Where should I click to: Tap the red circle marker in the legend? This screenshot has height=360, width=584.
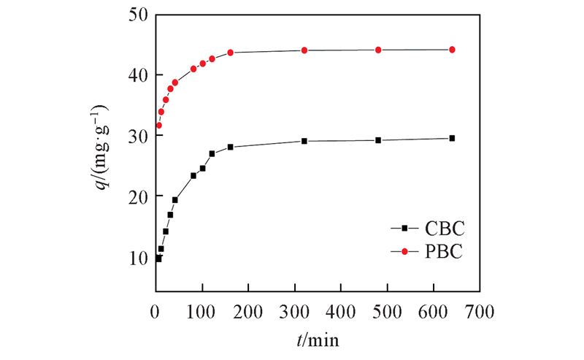click(x=404, y=252)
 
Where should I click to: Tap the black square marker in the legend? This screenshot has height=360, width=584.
click(x=404, y=228)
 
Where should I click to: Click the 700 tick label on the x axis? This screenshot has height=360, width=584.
click(x=479, y=312)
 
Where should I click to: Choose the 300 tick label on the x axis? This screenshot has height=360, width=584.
click(x=294, y=312)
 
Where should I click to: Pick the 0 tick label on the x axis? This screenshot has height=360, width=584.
click(x=155, y=312)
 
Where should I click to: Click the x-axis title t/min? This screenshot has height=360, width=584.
click(x=318, y=340)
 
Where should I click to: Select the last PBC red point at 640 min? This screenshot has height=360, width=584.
click(x=452, y=50)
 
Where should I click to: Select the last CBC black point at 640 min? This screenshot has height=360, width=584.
click(x=452, y=138)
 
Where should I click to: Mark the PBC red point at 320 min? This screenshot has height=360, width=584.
click(x=304, y=50)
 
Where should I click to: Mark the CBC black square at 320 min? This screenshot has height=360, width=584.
click(x=304, y=141)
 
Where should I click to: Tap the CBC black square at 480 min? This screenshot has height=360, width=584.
click(x=378, y=140)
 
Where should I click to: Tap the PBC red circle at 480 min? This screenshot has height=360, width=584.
click(x=378, y=50)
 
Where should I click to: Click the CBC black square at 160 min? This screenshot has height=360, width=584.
click(x=230, y=147)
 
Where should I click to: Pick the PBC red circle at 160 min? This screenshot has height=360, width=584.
click(x=230, y=53)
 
